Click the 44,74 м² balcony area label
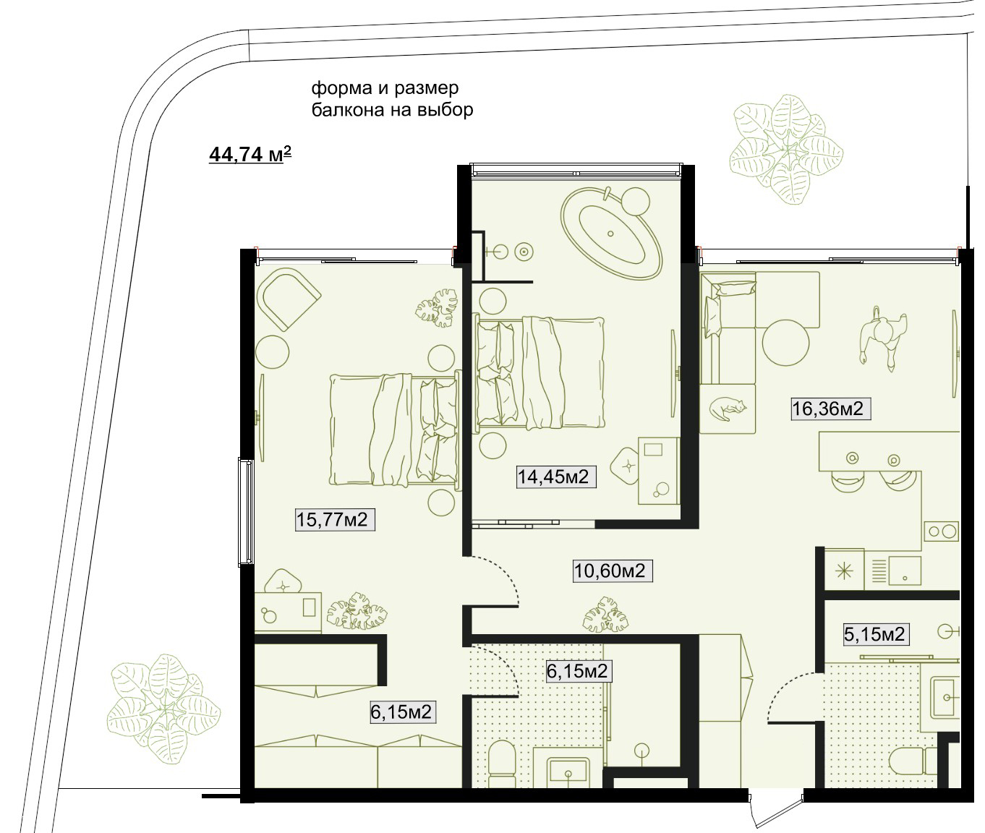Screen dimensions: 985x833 click(250, 155)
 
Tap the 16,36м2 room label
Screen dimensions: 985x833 click(831, 409)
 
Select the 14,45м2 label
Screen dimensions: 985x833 click(556, 477)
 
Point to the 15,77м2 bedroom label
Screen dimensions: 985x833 click(335, 519)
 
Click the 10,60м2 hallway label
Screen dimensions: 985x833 click(613, 571)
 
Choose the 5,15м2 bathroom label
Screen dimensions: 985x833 click(877, 634)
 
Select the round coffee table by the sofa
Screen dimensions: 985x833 click(785, 342)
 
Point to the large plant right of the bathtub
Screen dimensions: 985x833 click(786, 149)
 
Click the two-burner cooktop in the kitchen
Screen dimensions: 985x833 click(941, 531)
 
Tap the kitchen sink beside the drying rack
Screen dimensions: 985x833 click(905, 570)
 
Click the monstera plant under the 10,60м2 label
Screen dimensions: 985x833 click(605, 615)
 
